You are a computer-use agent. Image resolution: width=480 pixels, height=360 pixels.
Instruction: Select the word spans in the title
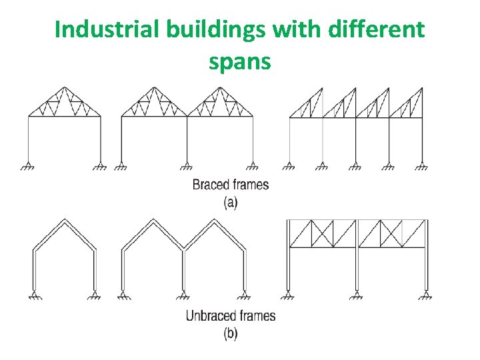(x=239, y=61)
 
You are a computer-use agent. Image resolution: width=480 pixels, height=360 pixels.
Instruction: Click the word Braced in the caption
(x=209, y=185)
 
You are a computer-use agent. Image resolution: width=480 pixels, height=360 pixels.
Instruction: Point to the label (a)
(x=230, y=201)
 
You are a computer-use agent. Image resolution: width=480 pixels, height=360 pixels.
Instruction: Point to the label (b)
(x=230, y=333)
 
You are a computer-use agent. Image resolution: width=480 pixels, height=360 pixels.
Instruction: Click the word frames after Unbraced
(x=257, y=315)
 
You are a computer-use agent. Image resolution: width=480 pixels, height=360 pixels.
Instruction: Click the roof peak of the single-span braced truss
(x=64, y=87)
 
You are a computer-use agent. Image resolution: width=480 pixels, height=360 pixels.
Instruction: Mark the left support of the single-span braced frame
(x=29, y=165)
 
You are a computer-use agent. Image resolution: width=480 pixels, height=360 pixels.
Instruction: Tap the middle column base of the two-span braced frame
(x=187, y=165)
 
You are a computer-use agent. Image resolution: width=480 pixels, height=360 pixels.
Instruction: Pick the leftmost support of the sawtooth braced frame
(x=289, y=165)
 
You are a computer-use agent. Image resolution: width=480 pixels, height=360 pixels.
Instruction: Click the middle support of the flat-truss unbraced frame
(x=357, y=294)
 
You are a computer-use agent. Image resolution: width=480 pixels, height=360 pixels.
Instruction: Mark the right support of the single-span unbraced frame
(x=95, y=294)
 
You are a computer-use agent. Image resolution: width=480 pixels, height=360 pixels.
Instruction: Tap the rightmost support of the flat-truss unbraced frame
(x=425, y=294)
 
